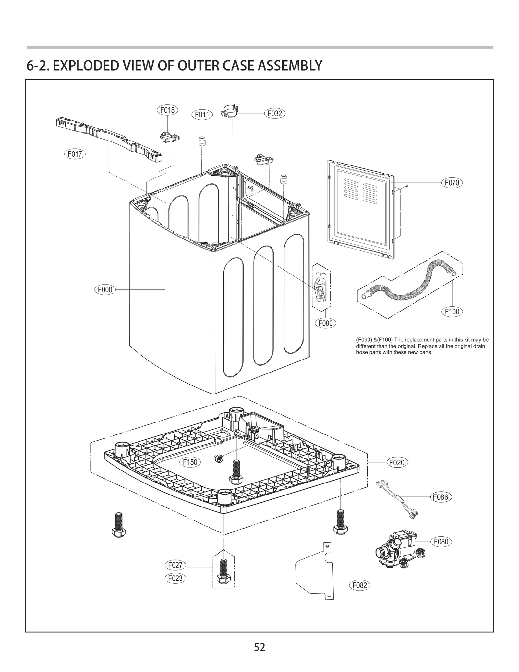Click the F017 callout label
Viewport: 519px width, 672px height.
click(x=75, y=154)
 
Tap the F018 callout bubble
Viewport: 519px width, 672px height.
click(x=167, y=110)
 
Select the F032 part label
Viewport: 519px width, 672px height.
click(x=274, y=113)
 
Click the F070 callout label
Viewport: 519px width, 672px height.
click(x=452, y=183)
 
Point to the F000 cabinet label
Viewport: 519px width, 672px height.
click(x=105, y=289)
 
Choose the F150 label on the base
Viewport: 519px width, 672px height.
click(x=190, y=462)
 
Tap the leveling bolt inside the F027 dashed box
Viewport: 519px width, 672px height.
click(x=223, y=571)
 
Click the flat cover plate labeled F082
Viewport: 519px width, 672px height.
click(x=315, y=571)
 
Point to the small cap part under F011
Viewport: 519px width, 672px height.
click(x=202, y=141)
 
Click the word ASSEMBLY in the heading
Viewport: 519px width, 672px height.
click(x=290, y=66)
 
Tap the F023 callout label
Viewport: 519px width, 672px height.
click(x=175, y=578)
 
